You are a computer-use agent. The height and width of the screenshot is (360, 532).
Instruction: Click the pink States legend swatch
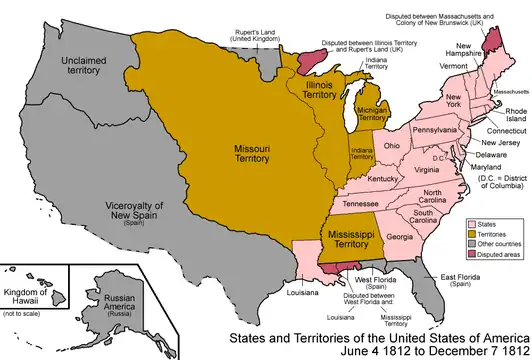[456, 228]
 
